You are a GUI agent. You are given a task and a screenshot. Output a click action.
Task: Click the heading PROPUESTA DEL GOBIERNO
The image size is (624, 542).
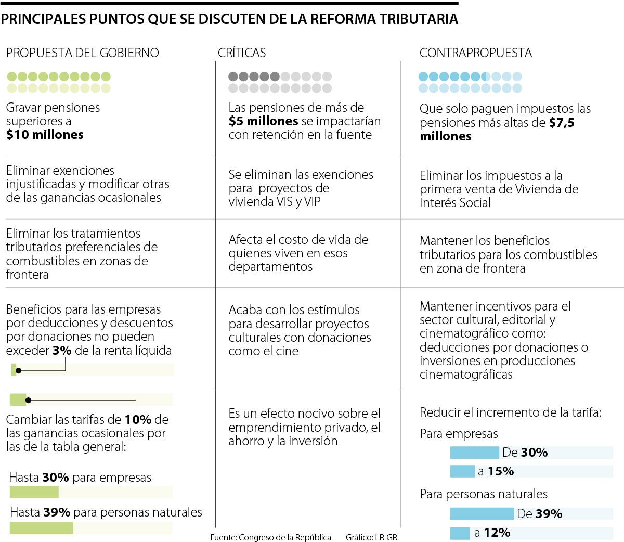pos(82,53)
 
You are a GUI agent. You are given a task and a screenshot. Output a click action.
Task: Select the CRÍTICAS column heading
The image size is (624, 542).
pos(242,53)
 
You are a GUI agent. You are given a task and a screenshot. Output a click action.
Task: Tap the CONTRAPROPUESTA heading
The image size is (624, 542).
pos(476,53)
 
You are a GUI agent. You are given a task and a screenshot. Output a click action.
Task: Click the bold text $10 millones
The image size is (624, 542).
pos(45,135)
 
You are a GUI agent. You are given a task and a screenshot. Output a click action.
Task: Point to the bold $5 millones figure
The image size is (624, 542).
pos(263,121)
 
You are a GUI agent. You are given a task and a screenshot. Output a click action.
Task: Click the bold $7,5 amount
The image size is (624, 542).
pos(562,123)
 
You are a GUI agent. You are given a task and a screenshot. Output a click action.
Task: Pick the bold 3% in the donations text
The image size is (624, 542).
pos(62,351)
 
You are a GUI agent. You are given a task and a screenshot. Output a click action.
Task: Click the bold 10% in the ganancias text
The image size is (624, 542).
pos(138,419)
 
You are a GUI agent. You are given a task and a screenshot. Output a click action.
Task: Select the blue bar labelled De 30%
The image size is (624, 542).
pos(474,453)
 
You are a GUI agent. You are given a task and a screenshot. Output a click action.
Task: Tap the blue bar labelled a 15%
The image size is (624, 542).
pos(462,471)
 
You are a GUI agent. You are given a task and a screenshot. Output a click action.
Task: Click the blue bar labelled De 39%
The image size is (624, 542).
pos(482,514)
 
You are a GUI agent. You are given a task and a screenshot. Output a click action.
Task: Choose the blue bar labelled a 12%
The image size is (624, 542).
pos(460,533)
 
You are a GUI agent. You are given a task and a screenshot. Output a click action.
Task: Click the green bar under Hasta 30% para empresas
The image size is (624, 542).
pos(34,492)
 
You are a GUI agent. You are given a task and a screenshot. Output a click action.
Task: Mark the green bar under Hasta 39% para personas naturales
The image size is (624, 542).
pos(42,527)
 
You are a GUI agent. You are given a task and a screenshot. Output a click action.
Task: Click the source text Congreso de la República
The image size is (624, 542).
pos(284,537)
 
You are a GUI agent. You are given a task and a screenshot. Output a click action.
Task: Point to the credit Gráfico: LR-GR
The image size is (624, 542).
pos(371,537)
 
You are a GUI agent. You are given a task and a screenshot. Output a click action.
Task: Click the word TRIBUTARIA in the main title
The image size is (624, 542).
pos(419,19)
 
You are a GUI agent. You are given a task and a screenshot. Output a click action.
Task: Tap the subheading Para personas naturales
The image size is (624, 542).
pos(484,494)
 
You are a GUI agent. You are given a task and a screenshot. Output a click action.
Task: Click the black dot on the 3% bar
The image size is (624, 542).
pos(19,370)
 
